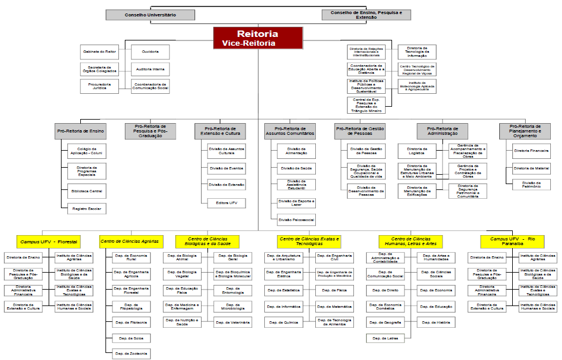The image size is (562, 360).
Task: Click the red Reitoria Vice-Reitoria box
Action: coord(258,38)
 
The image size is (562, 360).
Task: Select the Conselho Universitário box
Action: coord(151,15)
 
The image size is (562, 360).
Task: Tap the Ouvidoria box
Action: coord(150,52)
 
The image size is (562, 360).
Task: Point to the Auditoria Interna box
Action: coord(150,69)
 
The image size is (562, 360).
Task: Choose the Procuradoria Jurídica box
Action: coord(99,86)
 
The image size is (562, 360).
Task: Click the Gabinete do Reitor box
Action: coord(99,52)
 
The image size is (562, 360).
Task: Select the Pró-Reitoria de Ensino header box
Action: coord(81,131)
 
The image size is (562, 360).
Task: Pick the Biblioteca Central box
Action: coord(86,192)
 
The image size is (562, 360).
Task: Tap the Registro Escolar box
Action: coord(86,209)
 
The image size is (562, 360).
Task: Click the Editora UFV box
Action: coord(226,203)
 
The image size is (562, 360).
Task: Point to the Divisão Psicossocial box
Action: coord(297,220)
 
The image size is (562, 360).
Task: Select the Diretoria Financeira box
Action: coord(531,151)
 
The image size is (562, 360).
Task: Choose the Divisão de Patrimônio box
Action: coord(531,184)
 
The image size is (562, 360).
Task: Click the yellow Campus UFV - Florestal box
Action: coord(49,242)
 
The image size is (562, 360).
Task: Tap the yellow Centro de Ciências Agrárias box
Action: coord(130,242)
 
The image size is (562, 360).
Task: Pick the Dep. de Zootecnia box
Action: coord(132,354)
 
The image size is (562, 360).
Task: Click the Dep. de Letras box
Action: coord(384,338)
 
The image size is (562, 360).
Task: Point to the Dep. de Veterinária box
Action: coord(232,322)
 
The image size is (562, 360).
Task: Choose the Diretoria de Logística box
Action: coord(417,151)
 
